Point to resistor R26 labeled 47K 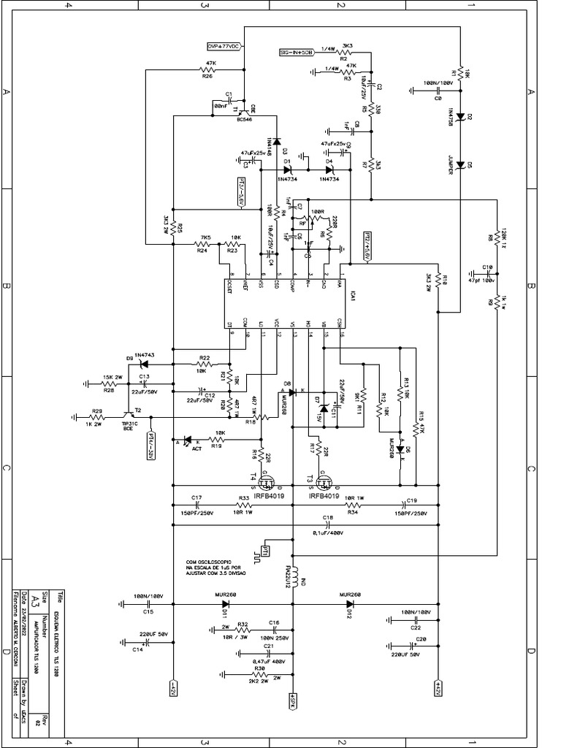click(x=207, y=71)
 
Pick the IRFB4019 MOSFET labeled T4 click(x=267, y=481)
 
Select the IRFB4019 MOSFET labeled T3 click(x=324, y=481)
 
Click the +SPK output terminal click(x=292, y=700)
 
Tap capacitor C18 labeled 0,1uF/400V click(x=327, y=523)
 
